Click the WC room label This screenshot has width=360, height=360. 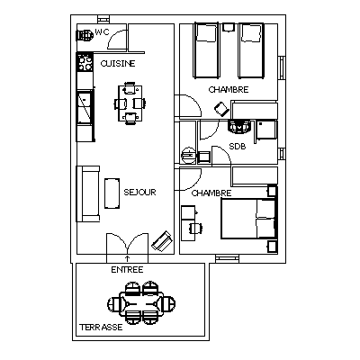pyautogui.click(x=102, y=31)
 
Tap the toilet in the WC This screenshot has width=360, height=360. pyautogui.click(x=85, y=35)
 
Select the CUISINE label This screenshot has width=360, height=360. pyautogui.click(x=118, y=64)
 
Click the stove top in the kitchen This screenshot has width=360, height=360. pyautogui.click(x=85, y=62)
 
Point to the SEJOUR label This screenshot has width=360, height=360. pyautogui.click(x=139, y=192)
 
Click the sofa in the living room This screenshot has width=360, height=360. pyautogui.click(x=88, y=193)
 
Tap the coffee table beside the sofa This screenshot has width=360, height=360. pyautogui.click(x=112, y=193)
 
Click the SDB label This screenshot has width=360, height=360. pyautogui.click(x=238, y=147)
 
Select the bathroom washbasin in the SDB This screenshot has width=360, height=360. pyautogui.click(x=239, y=126)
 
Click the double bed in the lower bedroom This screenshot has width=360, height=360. pyautogui.click(x=248, y=219)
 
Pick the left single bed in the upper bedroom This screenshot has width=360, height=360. pyautogui.click(x=206, y=50)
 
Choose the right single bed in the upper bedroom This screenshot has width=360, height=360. pyautogui.click(x=251, y=50)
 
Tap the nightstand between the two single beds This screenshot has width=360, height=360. pyautogui.click(x=229, y=27)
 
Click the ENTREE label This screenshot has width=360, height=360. pyautogui.click(x=127, y=270)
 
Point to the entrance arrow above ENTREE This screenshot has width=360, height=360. pyautogui.click(x=127, y=259)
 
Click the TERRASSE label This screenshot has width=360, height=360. pyautogui.click(x=101, y=327)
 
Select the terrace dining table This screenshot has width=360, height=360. pyautogui.click(x=141, y=303)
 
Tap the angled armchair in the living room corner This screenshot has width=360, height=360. pyautogui.click(x=162, y=240)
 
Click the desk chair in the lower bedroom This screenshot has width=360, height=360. pyautogui.click(x=195, y=229)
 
